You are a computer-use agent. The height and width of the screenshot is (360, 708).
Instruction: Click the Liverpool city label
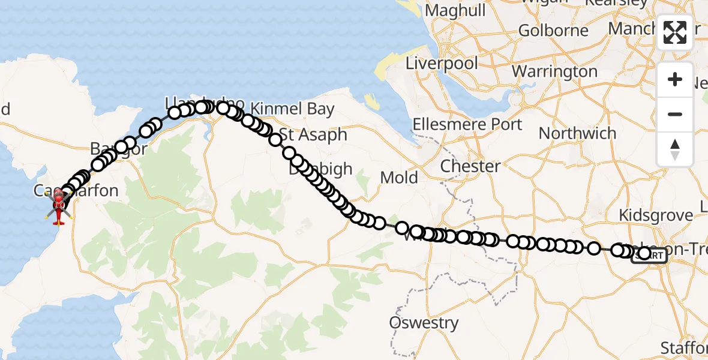click(x=442, y=63)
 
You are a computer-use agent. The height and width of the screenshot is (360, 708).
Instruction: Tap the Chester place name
click(x=470, y=166)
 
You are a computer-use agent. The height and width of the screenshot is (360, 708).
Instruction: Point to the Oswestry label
click(x=424, y=323)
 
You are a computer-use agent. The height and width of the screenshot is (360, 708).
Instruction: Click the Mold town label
click(x=399, y=178)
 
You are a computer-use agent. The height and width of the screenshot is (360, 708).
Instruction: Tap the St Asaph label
click(x=313, y=134)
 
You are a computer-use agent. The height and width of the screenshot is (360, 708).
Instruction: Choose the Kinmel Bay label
click(x=292, y=109)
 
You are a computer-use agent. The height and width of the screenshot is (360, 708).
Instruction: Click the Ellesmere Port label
click(x=467, y=125)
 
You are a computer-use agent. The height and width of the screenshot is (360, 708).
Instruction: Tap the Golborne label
click(x=553, y=30)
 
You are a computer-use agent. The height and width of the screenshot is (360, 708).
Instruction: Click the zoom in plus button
click(x=675, y=80)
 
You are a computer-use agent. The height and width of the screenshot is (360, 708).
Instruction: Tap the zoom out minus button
click(x=675, y=114)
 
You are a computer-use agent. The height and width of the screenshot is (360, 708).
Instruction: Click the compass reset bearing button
click(x=675, y=149)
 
